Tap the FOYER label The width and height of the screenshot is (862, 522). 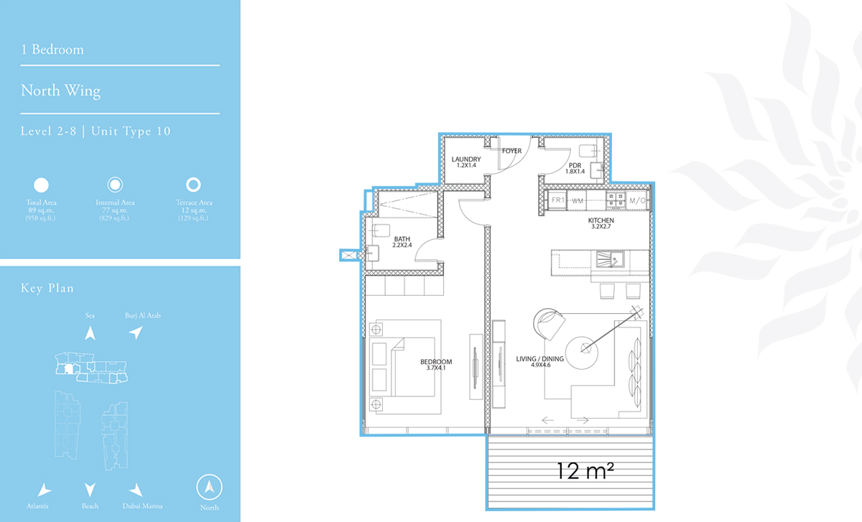[x=511, y=151]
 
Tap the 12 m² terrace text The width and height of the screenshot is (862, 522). [x=585, y=470]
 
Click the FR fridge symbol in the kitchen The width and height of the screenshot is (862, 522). [x=557, y=200]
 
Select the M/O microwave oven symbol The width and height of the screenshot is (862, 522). [x=637, y=200]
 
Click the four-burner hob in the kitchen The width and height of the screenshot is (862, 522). [x=616, y=200]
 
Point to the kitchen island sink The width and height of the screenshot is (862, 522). [x=610, y=259]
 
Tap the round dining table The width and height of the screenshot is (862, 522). [x=581, y=353]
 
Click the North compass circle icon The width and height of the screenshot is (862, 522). [x=209, y=487]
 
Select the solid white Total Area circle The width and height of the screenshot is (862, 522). [x=41, y=185]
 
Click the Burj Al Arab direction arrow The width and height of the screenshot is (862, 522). [x=136, y=332]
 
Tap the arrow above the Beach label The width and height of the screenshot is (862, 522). [x=90, y=490]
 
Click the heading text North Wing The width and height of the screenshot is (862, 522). [x=60, y=91]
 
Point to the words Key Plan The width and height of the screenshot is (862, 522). [x=47, y=288]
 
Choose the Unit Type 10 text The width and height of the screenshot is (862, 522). [x=131, y=131]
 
